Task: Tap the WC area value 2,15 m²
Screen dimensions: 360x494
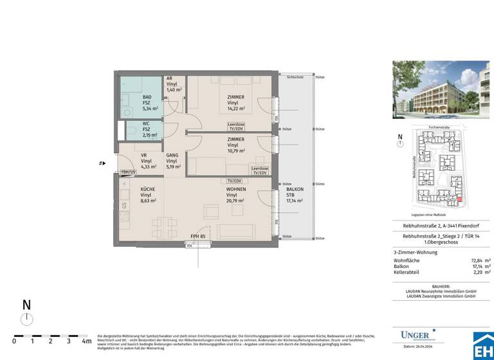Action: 149,136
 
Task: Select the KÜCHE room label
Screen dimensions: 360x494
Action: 148,189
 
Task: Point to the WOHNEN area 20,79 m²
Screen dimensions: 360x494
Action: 235,202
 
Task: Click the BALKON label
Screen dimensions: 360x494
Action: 295,189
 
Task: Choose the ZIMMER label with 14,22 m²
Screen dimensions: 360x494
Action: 235,97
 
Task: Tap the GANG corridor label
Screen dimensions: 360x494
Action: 172,155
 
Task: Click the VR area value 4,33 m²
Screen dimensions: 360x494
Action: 148,166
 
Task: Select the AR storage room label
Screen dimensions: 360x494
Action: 170,78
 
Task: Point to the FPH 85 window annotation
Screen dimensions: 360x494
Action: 198,237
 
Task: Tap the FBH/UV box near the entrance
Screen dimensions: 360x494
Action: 129,172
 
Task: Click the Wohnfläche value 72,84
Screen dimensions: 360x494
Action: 473,260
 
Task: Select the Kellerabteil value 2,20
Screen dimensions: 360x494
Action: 474,273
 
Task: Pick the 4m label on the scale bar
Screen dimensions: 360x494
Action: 86,341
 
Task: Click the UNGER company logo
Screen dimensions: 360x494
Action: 414,335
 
